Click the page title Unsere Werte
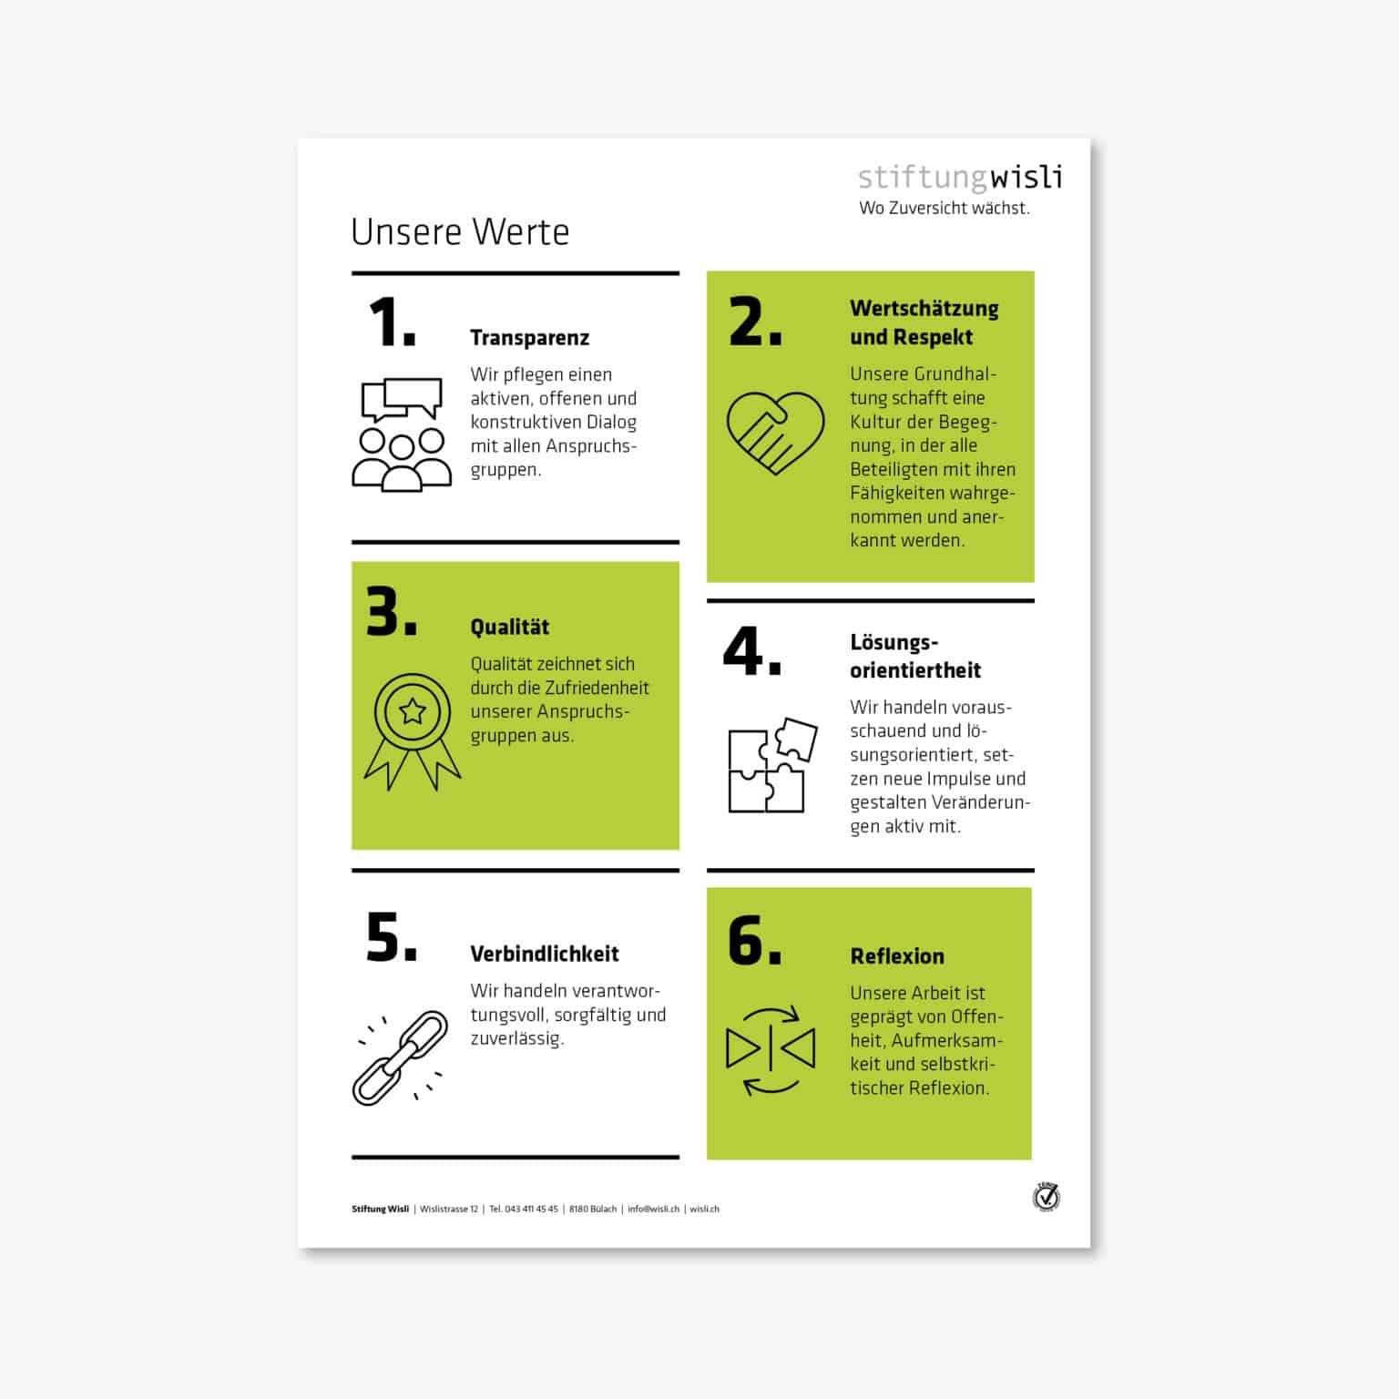(x=460, y=232)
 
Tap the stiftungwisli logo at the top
(x=960, y=177)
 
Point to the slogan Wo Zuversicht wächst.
(x=944, y=209)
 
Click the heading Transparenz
(x=529, y=338)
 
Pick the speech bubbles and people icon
(x=402, y=434)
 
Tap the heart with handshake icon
(x=775, y=432)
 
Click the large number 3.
(x=391, y=611)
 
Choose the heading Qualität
(x=509, y=627)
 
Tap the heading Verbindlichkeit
(x=544, y=954)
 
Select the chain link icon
(x=401, y=1057)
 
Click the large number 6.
(x=754, y=940)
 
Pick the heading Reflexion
(x=896, y=956)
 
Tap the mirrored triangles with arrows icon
(x=771, y=1050)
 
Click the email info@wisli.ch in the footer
(x=653, y=1210)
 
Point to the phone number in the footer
(x=524, y=1210)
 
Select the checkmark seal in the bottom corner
(x=1047, y=1197)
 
